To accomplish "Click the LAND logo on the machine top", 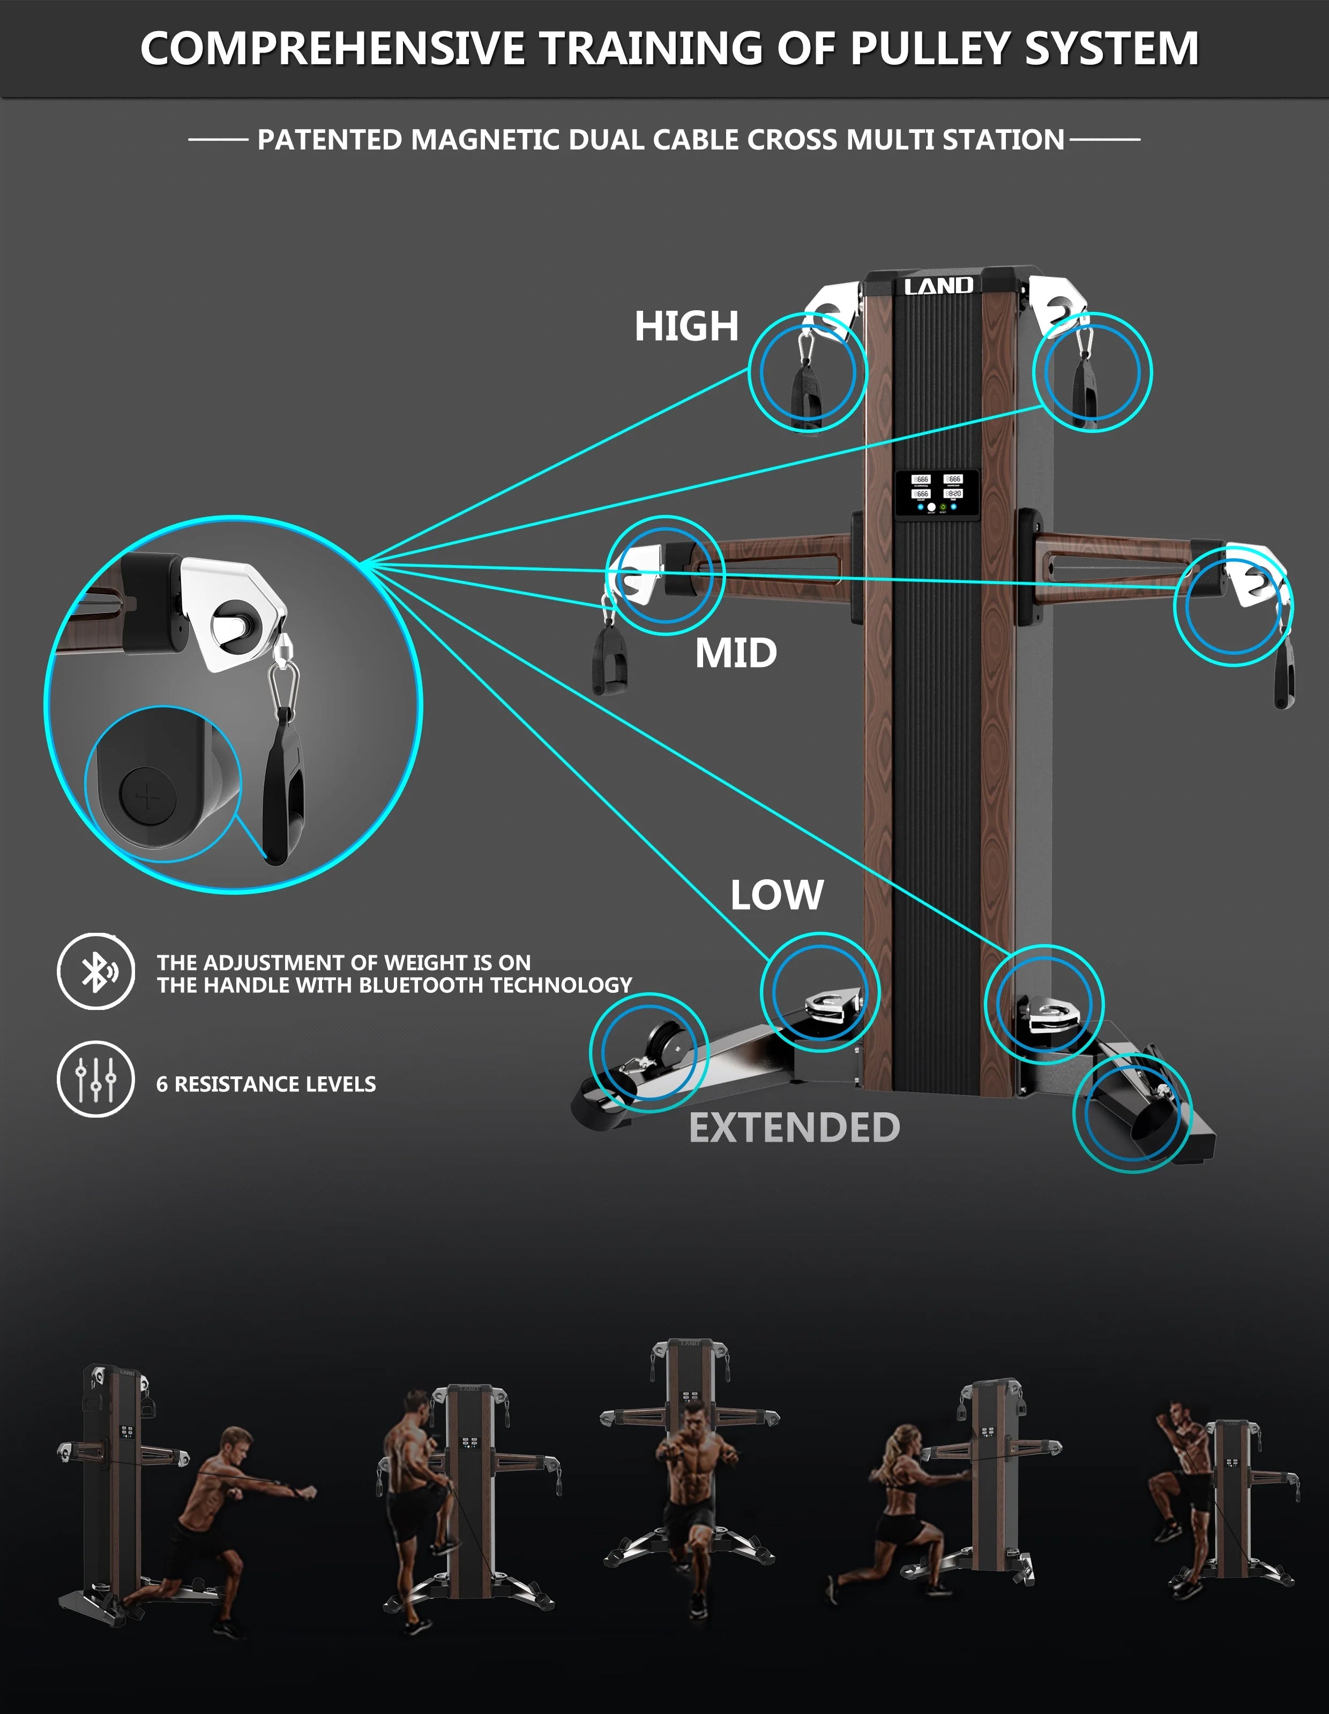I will pos(938,287).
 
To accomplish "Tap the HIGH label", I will pos(686,326).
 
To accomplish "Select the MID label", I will pos(736,653).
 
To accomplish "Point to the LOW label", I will pos(777,895).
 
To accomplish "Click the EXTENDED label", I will pos(794,1128).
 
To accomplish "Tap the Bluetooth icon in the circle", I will pos(96,971).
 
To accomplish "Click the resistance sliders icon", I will pos(96,1079).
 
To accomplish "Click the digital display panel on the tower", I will pos(937,493).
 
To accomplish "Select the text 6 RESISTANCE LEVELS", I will pos(265,1084).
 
